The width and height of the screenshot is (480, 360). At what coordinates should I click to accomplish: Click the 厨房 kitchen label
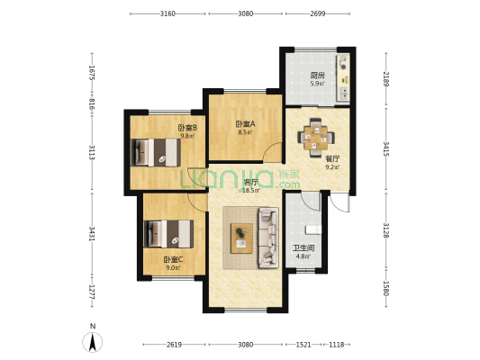(x=318, y=76)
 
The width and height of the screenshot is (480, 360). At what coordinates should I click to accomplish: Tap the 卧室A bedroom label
(x=245, y=124)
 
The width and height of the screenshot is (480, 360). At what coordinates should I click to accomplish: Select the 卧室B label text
(x=187, y=128)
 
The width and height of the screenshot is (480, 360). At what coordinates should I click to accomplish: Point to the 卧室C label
(x=173, y=260)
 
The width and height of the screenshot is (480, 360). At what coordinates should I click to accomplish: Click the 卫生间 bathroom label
(x=303, y=248)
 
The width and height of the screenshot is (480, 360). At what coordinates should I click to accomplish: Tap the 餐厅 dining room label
(x=332, y=159)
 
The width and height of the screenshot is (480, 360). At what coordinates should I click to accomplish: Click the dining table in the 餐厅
(x=316, y=138)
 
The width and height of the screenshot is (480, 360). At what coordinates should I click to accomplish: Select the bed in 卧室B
(x=155, y=153)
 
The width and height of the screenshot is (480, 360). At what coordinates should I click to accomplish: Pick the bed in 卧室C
(x=168, y=234)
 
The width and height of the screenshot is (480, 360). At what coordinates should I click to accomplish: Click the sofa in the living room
(x=268, y=238)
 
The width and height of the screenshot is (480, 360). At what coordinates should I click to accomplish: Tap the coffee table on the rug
(x=241, y=238)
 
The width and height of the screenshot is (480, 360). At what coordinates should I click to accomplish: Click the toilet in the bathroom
(x=313, y=229)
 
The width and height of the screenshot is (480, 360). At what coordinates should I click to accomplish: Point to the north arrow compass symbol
(x=93, y=342)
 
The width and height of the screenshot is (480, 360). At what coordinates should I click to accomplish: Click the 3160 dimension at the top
(x=168, y=13)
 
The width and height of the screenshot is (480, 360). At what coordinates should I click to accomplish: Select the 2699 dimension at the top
(x=318, y=13)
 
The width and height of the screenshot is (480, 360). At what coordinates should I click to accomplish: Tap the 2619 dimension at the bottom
(x=174, y=345)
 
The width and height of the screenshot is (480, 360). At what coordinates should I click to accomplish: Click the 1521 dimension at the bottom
(x=303, y=345)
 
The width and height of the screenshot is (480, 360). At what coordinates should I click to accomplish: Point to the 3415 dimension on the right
(x=386, y=148)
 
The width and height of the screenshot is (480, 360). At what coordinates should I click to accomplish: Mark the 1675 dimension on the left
(x=92, y=73)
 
